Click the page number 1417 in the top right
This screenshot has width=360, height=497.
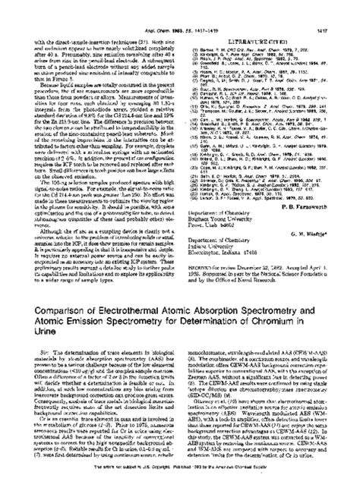point(334,8)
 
